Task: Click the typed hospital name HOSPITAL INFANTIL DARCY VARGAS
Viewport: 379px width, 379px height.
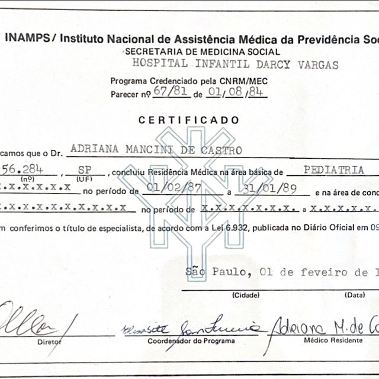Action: pos(235,64)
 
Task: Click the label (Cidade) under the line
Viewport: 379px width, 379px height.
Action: pos(246,294)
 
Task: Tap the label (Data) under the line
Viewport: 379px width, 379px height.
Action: pos(356,294)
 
